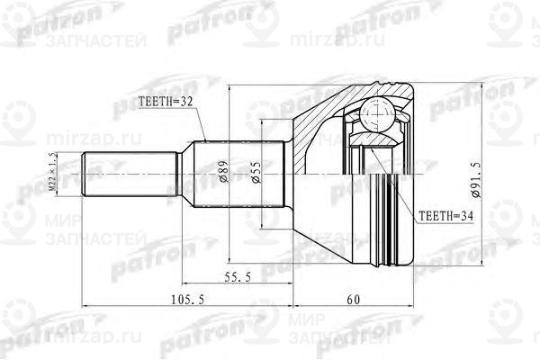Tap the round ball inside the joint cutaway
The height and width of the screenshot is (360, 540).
[x=374, y=114]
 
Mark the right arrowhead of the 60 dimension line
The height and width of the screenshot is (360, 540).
[x=410, y=312]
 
